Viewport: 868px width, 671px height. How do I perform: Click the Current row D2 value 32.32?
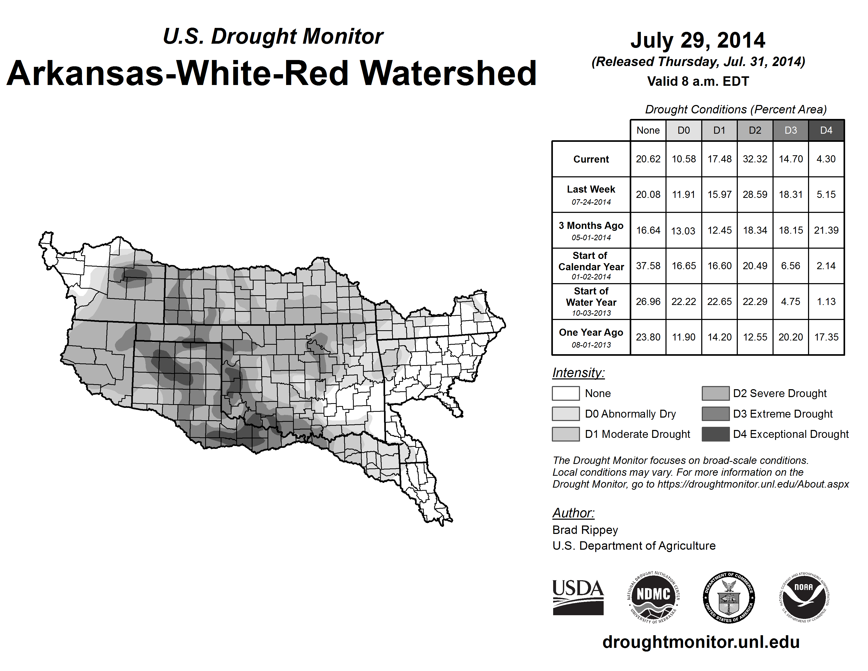755,159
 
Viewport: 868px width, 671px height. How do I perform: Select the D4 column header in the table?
826,130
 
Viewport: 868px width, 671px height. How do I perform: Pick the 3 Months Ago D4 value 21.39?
826,230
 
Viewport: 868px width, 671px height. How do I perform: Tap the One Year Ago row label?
591,337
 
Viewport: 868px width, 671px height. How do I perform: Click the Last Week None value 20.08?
648,194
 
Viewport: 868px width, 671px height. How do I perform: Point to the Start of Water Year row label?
591,301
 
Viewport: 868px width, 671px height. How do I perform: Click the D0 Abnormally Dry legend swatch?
566,413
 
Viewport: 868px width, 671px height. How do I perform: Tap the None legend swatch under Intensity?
566,393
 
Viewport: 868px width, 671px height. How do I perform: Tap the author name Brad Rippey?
585,530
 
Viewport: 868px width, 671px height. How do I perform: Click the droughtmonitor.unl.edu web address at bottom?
701,642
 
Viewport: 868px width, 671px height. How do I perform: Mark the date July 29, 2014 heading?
698,40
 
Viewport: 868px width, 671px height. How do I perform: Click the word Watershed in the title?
448,73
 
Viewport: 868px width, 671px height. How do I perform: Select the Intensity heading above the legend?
578,373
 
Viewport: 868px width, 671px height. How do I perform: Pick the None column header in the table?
648,130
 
